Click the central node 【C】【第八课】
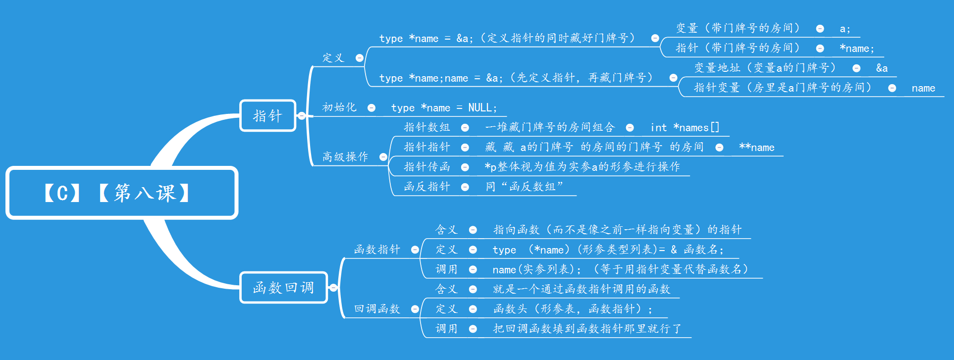coord(122,193)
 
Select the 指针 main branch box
coord(267,116)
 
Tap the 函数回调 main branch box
coord(283,288)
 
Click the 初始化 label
coord(339,107)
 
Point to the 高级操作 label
coord(345,157)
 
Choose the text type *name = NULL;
coord(444,108)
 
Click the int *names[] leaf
coord(685,128)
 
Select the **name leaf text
coord(756,148)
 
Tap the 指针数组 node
coord(427,127)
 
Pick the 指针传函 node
coord(427,167)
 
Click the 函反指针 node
coord(427,187)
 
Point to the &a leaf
coord(882,68)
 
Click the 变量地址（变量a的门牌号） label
coord(765,68)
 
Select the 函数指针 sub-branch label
coord(377,250)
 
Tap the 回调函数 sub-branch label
coord(377,309)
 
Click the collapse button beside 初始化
coord(371,108)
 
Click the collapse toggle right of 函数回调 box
coord(333,288)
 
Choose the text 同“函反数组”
coord(525,187)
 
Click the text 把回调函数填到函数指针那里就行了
coord(587,329)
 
